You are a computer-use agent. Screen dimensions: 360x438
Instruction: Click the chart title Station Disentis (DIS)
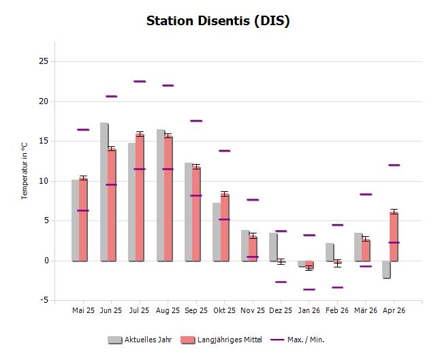[x=218, y=20]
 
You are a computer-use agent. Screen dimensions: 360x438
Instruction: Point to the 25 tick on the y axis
[x=43, y=61]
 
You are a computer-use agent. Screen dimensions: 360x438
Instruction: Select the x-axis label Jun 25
[x=111, y=310]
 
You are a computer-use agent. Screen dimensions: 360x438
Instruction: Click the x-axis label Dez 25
[x=281, y=310]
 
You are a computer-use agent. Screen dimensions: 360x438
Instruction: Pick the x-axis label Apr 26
[x=394, y=310]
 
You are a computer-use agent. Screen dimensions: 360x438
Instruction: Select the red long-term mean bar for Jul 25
[x=140, y=197]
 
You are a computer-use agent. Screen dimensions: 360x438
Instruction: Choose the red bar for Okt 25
[x=224, y=227]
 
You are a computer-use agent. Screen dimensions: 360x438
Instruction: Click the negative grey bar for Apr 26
[x=386, y=269]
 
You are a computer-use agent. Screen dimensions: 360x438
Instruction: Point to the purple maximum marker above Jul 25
[x=140, y=81]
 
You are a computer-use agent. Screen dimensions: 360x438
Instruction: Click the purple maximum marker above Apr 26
[x=394, y=165]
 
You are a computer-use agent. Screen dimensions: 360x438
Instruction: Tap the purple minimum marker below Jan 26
[x=309, y=289]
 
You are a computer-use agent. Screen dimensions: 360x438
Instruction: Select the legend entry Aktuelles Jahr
[x=140, y=340]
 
